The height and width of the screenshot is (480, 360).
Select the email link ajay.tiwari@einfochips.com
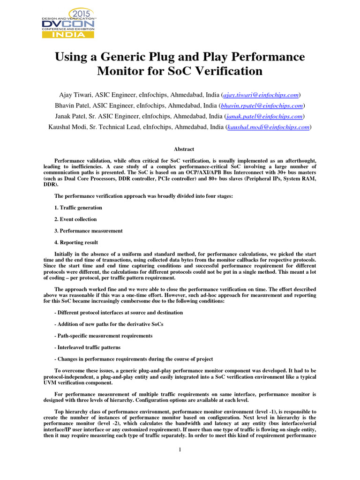coord(266,95)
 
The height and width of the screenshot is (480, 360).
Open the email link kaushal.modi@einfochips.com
coord(269,127)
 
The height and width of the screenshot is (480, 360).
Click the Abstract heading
coord(184,149)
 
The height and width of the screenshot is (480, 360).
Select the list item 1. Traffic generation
coord(78,207)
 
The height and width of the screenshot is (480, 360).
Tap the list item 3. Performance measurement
coord(89,231)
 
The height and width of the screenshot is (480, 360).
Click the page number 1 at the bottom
coord(180,450)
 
